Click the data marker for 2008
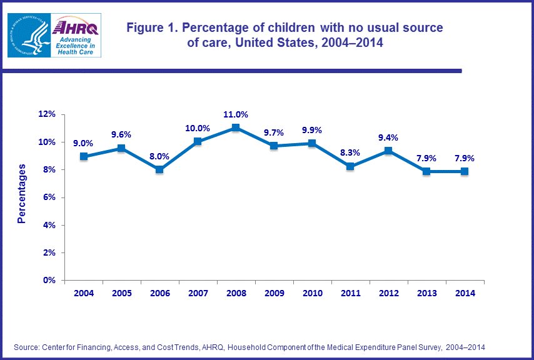pyautogui.click(x=235, y=127)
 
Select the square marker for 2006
pyautogui.click(x=159, y=169)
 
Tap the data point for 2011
pyautogui.click(x=350, y=166)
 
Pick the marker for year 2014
pyautogui.click(x=465, y=171)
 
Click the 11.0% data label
pyautogui.click(x=235, y=114)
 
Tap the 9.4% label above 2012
pyautogui.click(x=388, y=137)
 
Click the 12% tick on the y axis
pyautogui.click(x=48, y=114)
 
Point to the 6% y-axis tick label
pyautogui.click(x=50, y=197)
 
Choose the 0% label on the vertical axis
pyautogui.click(x=50, y=280)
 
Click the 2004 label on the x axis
pyautogui.click(x=84, y=293)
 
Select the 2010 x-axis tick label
pyautogui.click(x=312, y=293)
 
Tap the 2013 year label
pyautogui.click(x=426, y=293)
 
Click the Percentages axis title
pyautogui.click(x=22, y=194)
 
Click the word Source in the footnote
pyautogui.click(x=26, y=347)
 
